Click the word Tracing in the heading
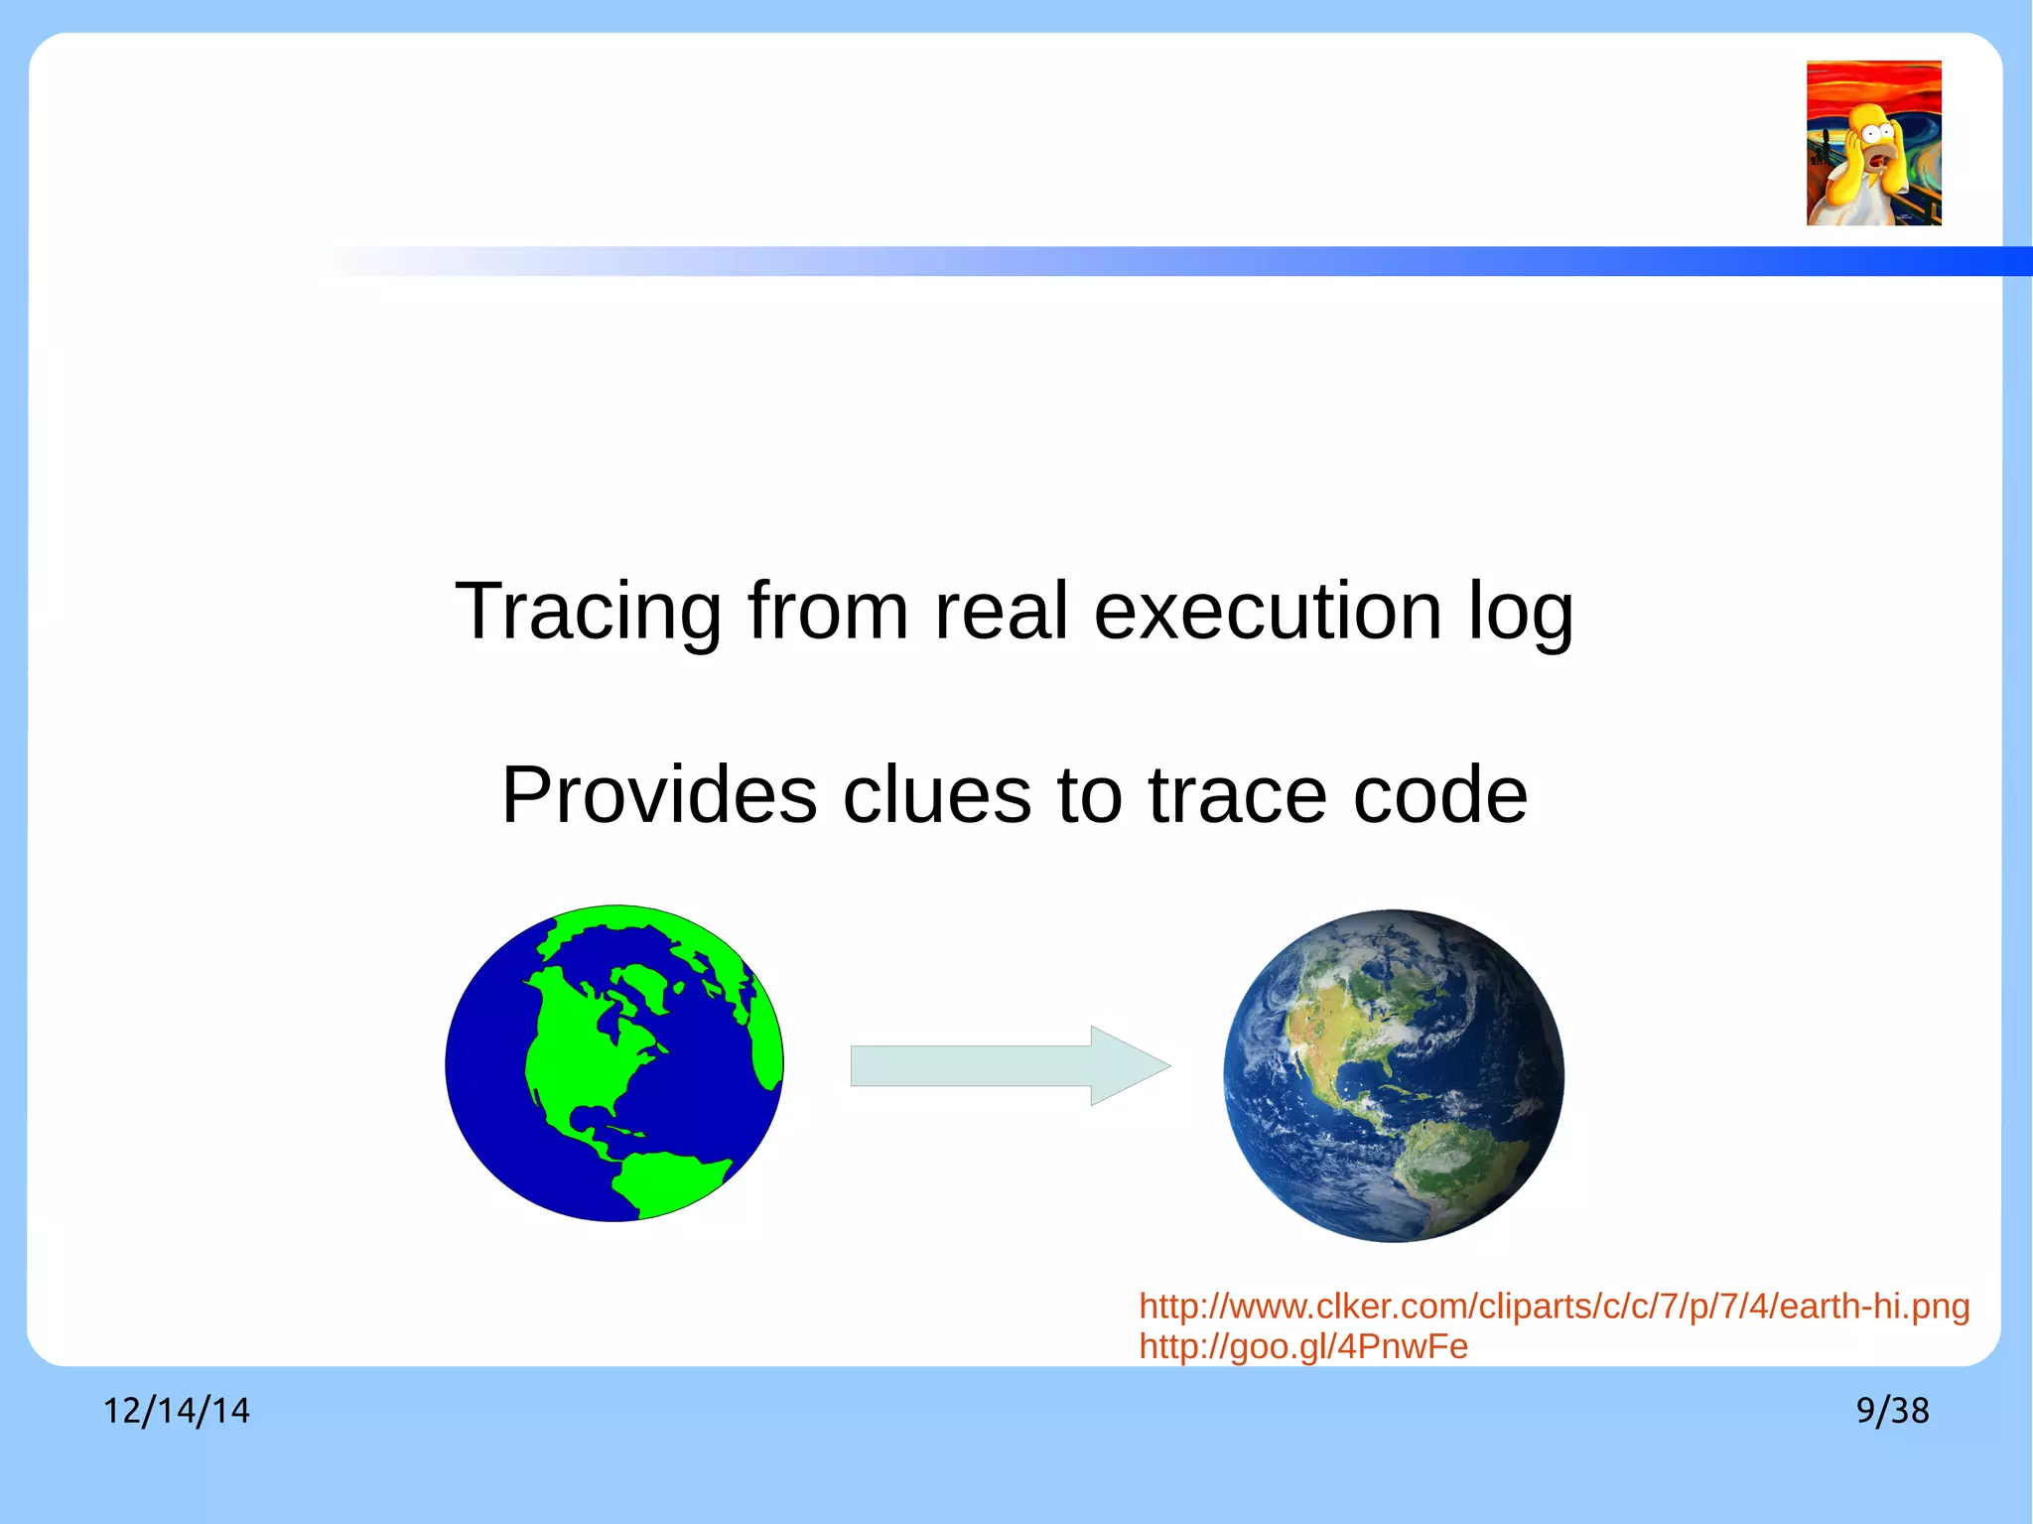(x=588, y=612)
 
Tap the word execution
(x=1268, y=612)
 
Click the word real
(x=1001, y=612)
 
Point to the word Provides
(x=659, y=795)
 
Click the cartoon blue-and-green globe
(x=614, y=1063)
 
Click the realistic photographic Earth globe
(x=1394, y=1075)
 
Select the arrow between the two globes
(x=993, y=1065)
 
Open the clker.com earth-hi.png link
(x=1554, y=1307)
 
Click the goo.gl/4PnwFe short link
(x=1302, y=1347)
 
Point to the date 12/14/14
(x=177, y=1411)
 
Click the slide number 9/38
(x=1892, y=1411)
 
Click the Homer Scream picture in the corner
(x=1873, y=143)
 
